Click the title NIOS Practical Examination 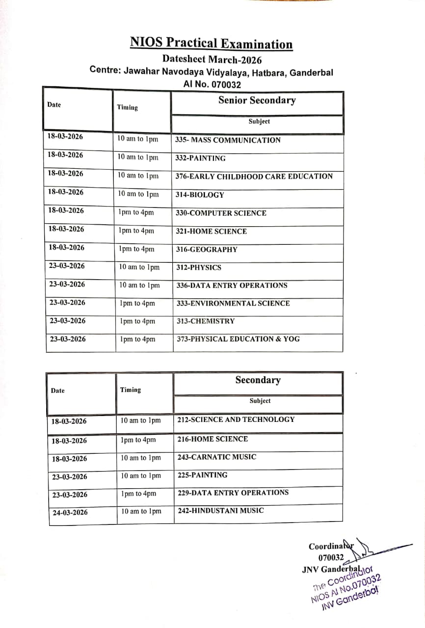pos(211,44)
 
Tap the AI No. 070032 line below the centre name pos(212,84)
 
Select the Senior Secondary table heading pos(257,101)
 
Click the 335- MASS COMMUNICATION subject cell pos(228,140)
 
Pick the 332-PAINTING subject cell pos(200,158)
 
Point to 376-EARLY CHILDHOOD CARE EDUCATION pos(254,176)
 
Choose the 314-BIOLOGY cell pos(200,195)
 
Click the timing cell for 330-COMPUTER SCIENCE pos(136,212)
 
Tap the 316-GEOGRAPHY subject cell pos(207,249)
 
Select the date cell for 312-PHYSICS pos(67,266)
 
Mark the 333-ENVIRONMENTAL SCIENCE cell pos(233,303)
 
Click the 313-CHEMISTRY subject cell pos(205,321)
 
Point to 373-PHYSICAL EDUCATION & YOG pos(238,339)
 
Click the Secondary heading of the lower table pos(258,380)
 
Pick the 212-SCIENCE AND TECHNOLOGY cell pos(236,419)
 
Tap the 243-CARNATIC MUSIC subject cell pos(216,457)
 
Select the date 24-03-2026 pos(70,513)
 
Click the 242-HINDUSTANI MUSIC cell pos(220,510)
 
